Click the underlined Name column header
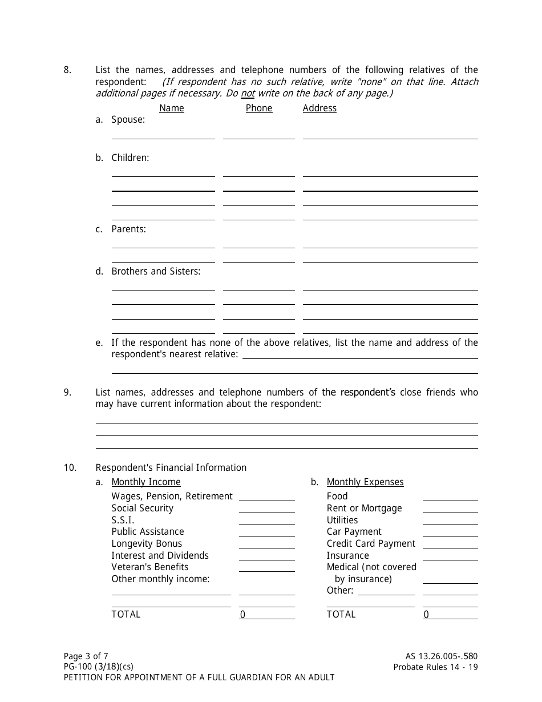pyautogui.click(x=171, y=108)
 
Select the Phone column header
pyautogui.click(x=258, y=108)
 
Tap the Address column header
pyautogui.click(x=319, y=108)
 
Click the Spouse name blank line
pyautogui.click(x=163, y=135)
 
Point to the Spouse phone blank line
pyautogui.click(x=258, y=135)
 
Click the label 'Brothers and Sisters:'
pyautogui.click(x=156, y=271)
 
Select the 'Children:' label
pyautogui.click(x=130, y=158)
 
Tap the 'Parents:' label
pyautogui.click(x=128, y=229)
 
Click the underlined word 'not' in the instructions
pyautogui.click(x=247, y=94)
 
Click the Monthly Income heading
pyautogui.click(x=146, y=482)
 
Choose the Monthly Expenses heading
pyautogui.click(x=365, y=482)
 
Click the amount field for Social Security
pyautogui.click(x=266, y=509)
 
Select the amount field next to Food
pyautogui.click(x=450, y=497)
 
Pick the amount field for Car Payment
pyautogui.click(x=450, y=532)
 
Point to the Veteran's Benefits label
pyautogui.click(x=149, y=567)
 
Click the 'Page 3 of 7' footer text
pyautogui.click(x=86, y=656)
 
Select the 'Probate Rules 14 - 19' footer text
pyautogui.click(x=435, y=667)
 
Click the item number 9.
pyautogui.click(x=67, y=392)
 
